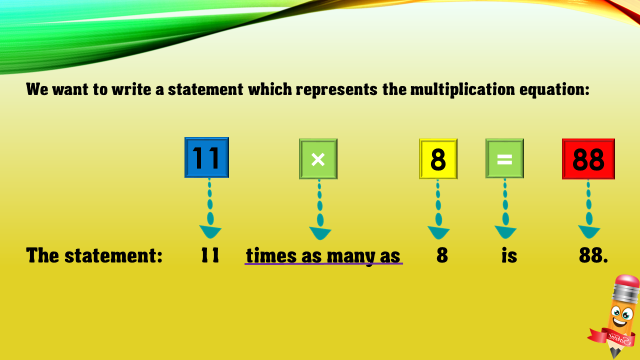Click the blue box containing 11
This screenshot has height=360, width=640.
pyautogui.click(x=206, y=157)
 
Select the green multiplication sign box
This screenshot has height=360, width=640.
pyautogui.click(x=318, y=159)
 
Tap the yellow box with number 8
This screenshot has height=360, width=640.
pyautogui.click(x=438, y=159)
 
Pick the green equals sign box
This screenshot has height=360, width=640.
pyautogui.click(x=504, y=158)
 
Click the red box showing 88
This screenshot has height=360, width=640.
pyautogui.click(x=588, y=159)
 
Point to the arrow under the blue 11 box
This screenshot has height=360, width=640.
pyautogui.click(x=210, y=208)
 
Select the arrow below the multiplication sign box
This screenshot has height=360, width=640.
pyautogui.click(x=320, y=209)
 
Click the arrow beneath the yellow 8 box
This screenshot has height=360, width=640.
pyautogui.click(x=438, y=209)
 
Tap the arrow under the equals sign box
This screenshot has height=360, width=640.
pyautogui.click(x=505, y=209)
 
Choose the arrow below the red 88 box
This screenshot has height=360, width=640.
pyautogui.click(x=589, y=209)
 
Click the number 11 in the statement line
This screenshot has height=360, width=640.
pyautogui.click(x=210, y=255)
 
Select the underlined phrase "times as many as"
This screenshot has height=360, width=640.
pyautogui.click(x=323, y=255)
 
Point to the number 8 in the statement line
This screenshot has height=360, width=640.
pyautogui.click(x=442, y=255)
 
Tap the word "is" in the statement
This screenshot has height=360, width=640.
pyautogui.click(x=509, y=255)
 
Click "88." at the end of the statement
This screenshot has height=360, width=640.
pyautogui.click(x=593, y=255)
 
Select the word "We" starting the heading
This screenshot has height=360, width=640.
pyautogui.click(x=37, y=89)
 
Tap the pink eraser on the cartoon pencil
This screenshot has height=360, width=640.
pyautogui.click(x=627, y=282)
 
